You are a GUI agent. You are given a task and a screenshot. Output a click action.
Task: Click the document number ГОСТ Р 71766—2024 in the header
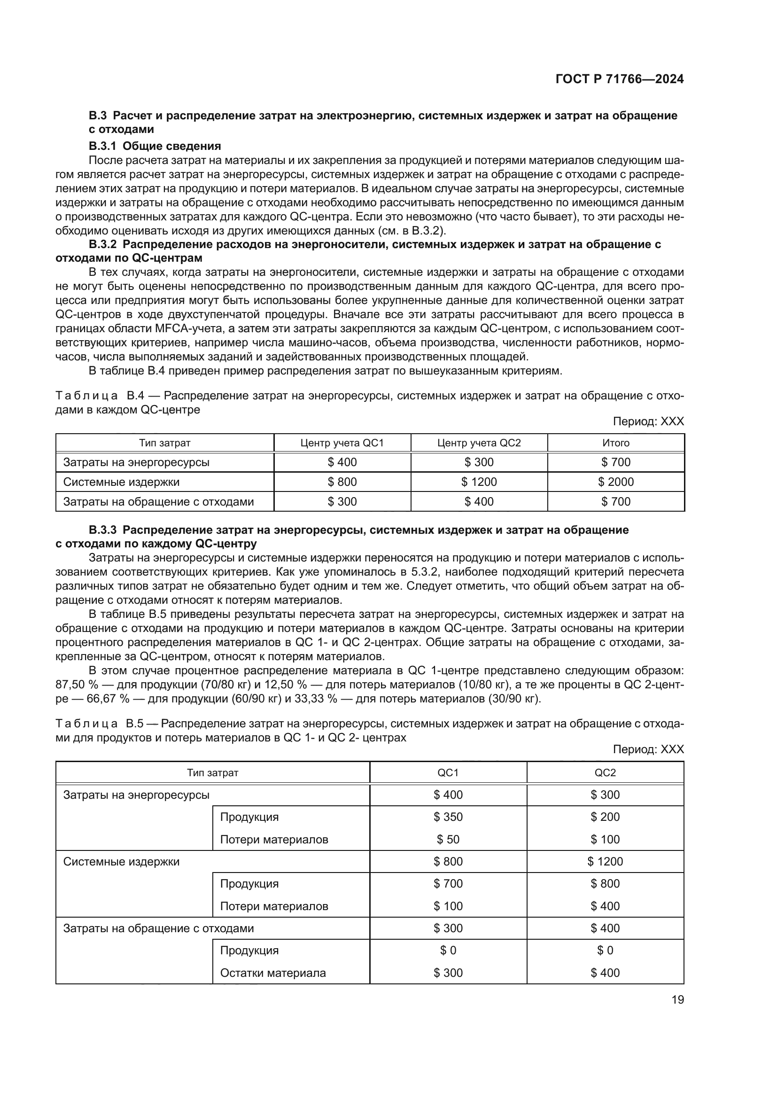click(619, 79)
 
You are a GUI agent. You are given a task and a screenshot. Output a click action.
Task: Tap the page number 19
click(677, 999)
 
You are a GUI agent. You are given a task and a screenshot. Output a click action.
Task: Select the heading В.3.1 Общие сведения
click(155, 146)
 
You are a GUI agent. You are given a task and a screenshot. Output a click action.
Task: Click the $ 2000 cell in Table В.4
click(616, 482)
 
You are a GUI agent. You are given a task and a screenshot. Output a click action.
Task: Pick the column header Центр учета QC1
click(342, 443)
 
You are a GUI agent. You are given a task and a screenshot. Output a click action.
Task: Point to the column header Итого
click(616, 443)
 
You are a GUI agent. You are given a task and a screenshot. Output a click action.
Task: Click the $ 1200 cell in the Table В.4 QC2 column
click(479, 482)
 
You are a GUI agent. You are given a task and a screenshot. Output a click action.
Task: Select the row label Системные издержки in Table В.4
click(122, 482)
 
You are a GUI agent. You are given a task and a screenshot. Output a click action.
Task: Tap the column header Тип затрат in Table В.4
click(164, 443)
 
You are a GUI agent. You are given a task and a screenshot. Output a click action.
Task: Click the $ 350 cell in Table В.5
click(448, 817)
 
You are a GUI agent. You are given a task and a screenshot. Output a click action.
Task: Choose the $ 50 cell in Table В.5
click(448, 839)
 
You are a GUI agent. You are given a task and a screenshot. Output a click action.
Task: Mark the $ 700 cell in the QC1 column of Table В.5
click(448, 883)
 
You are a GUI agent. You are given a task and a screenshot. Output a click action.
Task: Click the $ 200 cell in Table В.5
click(605, 817)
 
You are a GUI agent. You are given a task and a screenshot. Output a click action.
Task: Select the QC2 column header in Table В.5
click(605, 772)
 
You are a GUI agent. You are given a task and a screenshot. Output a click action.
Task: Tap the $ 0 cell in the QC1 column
click(448, 950)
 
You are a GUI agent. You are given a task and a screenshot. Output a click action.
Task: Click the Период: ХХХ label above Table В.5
click(648, 749)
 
